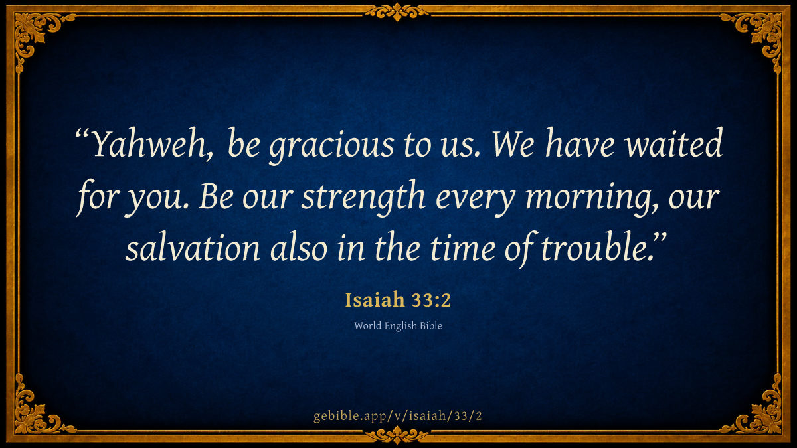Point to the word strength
363,198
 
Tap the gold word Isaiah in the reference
375,299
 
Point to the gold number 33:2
431,300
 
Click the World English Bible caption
398,326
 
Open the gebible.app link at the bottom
398,416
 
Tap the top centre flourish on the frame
397,12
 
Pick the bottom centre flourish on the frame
397,435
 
